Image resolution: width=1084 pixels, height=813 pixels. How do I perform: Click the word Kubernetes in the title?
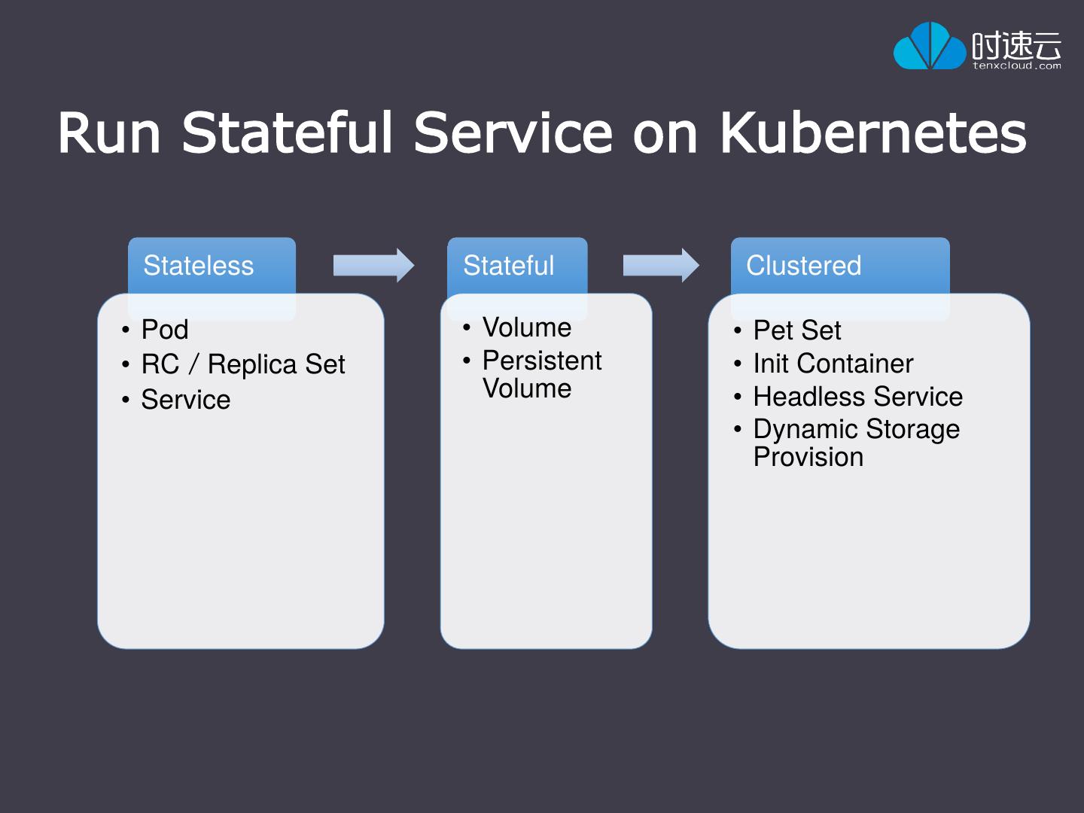pos(873,133)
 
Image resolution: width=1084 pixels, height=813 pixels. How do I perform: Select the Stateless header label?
pos(199,266)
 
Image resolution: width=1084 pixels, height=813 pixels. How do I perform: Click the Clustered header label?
pos(803,266)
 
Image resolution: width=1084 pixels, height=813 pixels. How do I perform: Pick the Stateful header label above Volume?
pos(508,266)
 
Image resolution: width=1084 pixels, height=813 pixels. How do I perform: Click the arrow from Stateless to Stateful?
pos(373,266)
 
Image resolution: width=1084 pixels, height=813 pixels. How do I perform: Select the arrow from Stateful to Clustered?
pos(661,266)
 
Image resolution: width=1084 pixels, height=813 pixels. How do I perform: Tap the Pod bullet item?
pos(165,330)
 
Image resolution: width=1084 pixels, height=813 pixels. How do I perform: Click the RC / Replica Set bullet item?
pos(242,364)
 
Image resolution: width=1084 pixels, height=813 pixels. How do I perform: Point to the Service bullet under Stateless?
pos(185,400)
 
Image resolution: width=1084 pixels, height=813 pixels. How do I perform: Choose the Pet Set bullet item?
pos(797,330)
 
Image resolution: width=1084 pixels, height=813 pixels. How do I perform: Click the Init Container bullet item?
pos(833,364)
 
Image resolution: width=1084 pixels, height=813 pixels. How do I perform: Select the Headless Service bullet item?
pos(857,397)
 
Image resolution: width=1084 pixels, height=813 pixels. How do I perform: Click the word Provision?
pos(808,457)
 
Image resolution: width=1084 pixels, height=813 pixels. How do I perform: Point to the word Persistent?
pos(542,361)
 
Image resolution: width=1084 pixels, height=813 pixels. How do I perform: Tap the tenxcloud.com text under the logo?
pos(1016,66)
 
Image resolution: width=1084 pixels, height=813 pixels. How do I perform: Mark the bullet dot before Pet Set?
pos(738,331)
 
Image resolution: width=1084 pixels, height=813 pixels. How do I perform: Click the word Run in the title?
pos(109,133)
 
